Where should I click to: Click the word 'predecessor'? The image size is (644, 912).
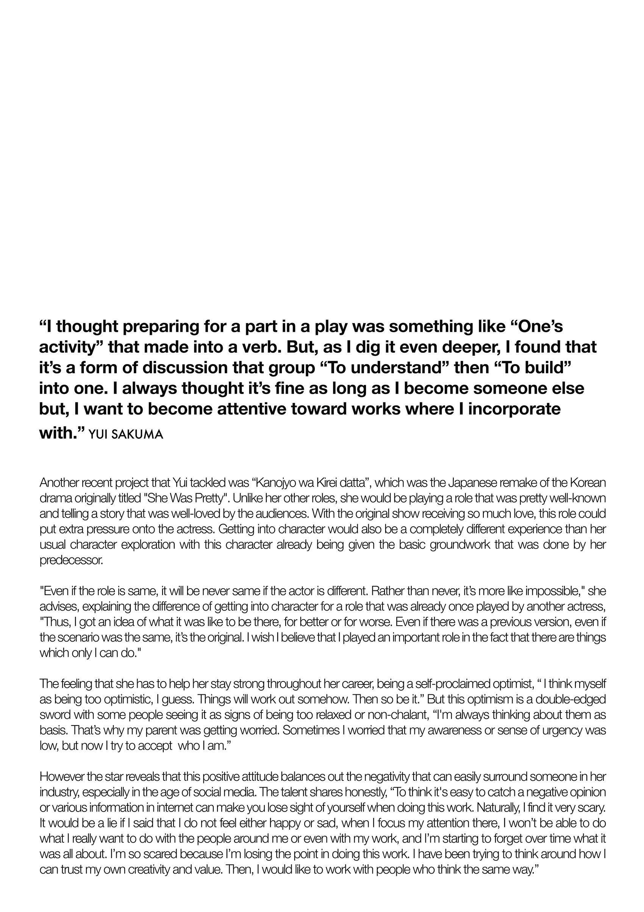click(x=71, y=560)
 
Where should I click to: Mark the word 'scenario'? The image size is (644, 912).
click(x=78, y=637)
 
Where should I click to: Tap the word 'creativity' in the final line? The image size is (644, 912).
click(x=152, y=869)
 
